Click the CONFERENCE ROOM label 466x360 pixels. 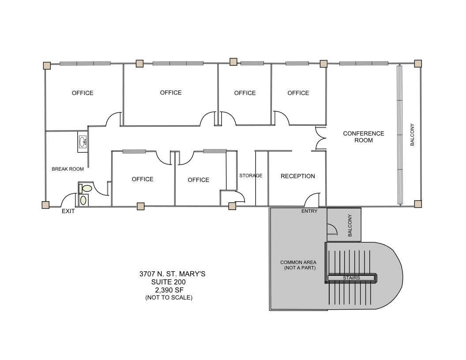364,137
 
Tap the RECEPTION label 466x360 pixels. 298,176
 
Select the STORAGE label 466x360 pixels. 251,176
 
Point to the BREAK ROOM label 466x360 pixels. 68,169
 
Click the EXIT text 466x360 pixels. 68,211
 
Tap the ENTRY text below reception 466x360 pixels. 309,211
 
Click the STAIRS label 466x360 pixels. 352,278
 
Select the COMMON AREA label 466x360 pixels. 298,265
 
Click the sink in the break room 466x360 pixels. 83,142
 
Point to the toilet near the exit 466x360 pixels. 86,188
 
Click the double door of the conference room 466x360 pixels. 320,138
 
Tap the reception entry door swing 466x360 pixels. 312,200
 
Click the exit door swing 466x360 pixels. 69,201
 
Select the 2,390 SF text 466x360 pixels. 169,290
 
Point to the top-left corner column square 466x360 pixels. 46,65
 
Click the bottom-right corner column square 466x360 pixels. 418,204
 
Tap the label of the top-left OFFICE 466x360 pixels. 83,93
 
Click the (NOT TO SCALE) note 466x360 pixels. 169,298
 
